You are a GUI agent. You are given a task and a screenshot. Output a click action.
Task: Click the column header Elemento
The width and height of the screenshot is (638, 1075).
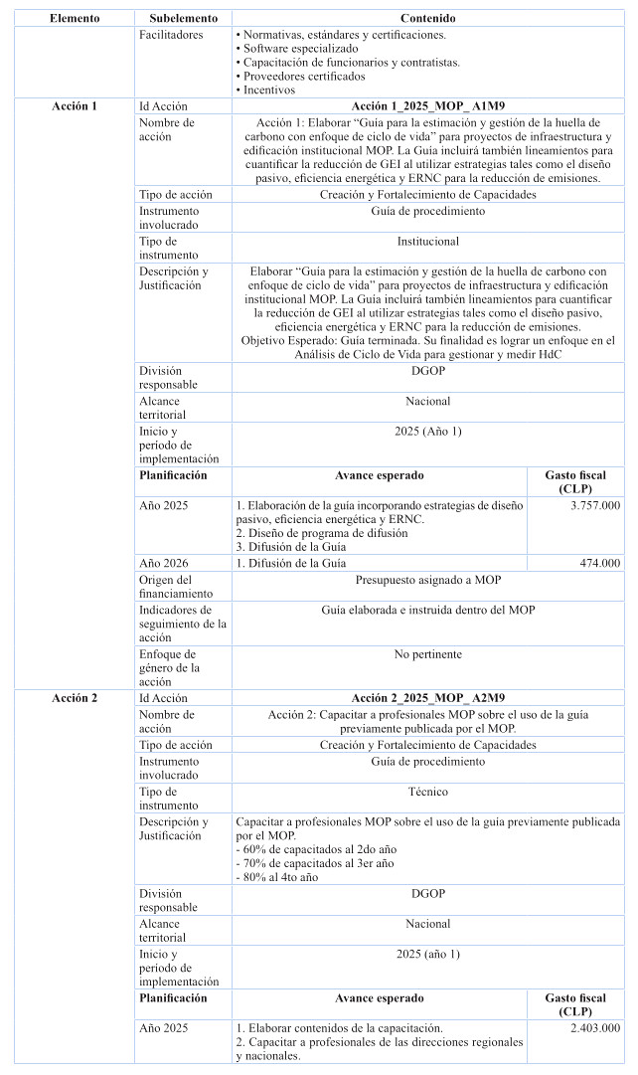[75, 19]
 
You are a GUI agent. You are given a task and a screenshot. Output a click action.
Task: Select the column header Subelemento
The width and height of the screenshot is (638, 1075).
[183, 19]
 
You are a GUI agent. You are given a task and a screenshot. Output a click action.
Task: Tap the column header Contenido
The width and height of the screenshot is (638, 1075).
[428, 19]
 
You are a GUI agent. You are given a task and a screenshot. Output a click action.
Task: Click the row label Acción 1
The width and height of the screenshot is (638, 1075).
[75, 106]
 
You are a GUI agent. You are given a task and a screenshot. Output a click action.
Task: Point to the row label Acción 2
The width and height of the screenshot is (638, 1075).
[75, 698]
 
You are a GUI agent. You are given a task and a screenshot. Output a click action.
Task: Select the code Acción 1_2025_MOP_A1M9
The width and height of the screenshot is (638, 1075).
[428, 106]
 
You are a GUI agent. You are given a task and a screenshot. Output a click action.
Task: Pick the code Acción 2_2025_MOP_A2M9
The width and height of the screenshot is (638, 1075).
[428, 698]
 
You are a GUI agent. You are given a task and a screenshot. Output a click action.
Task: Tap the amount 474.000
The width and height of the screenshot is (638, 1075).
[600, 563]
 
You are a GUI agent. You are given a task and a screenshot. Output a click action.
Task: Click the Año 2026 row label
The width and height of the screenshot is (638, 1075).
[164, 563]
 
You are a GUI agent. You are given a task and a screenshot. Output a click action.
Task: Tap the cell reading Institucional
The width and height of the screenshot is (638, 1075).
[428, 242]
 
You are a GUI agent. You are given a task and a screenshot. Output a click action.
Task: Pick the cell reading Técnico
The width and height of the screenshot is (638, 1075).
[428, 792]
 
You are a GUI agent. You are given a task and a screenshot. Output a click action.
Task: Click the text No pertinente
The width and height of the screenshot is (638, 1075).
[428, 654]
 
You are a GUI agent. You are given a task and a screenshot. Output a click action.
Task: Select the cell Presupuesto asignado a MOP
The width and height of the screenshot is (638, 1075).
[428, 579]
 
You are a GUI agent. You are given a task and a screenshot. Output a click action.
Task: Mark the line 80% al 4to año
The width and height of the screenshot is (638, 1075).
[277, 877]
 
